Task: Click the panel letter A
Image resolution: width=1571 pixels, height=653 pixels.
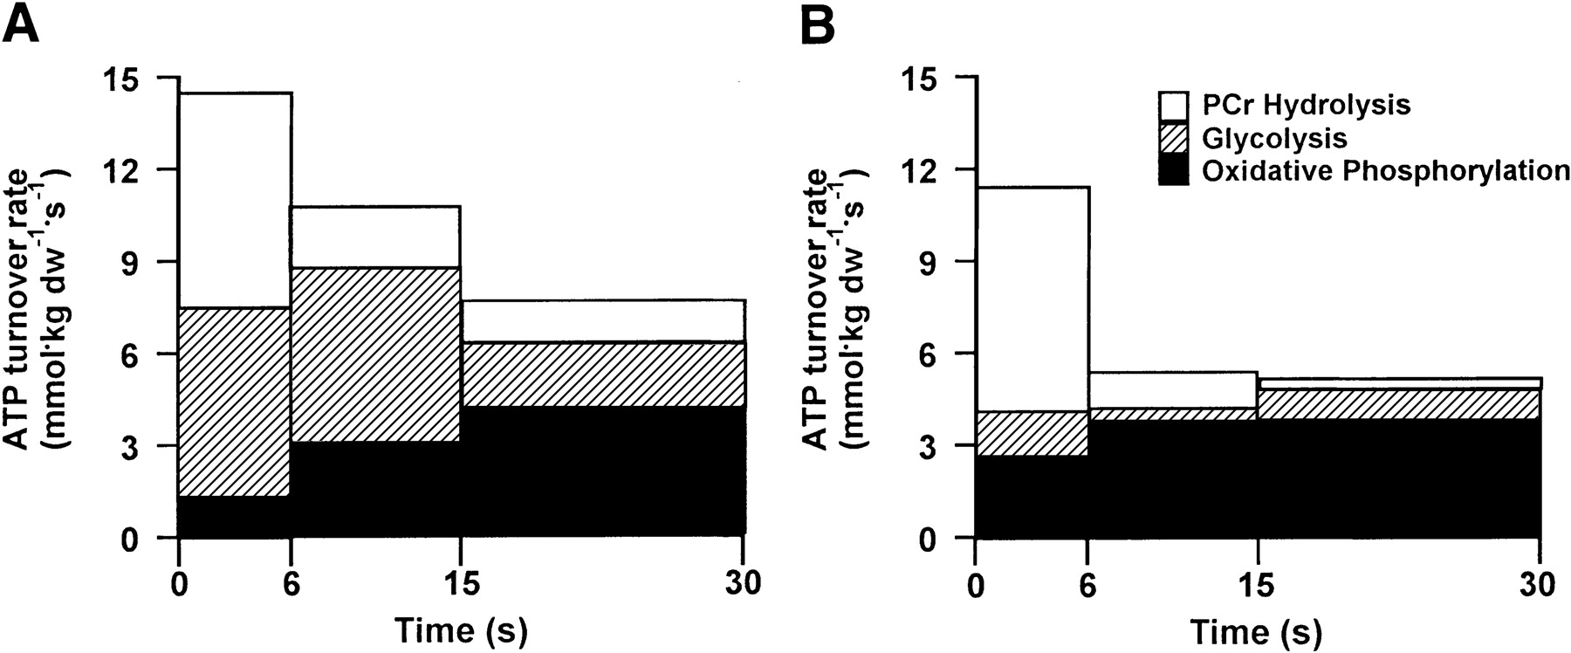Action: coord(21,26)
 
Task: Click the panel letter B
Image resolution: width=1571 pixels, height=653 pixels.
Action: coord(818,26)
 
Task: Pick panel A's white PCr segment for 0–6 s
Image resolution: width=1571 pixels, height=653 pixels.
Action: coord(235,200)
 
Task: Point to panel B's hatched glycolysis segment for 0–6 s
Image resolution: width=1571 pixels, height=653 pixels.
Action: coord(1032,433)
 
